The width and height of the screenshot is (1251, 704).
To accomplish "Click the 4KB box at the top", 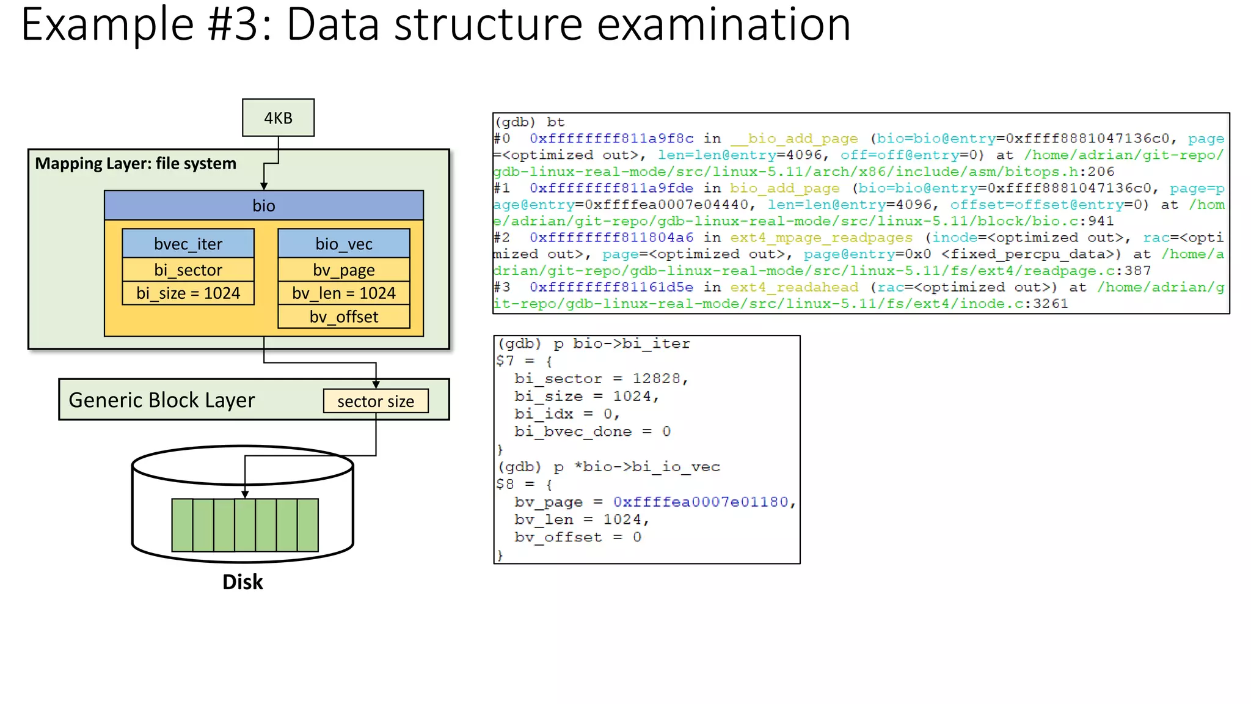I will click(278, 118).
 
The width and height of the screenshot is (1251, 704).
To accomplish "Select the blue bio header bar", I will click(264, 205).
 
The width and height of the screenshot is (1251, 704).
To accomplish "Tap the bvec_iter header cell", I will click(188, 244).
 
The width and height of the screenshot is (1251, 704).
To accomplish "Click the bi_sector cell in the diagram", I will click(188, 269).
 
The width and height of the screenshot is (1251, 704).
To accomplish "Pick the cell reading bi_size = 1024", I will click(188, 293).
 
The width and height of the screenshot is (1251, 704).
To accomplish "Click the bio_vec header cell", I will click(344, 244).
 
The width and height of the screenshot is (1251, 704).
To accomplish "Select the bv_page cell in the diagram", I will click(344, 269).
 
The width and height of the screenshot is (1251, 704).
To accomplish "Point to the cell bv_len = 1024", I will click(344, 293).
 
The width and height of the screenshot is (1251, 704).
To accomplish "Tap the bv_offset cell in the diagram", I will click(344, 317).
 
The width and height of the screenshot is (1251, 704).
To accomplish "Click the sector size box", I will click(376, 402).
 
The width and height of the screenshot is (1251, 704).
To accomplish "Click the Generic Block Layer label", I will click(162, 400).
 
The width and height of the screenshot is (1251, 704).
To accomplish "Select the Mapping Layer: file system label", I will click(136, 164).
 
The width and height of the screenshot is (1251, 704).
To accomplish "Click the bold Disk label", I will click(243, 582).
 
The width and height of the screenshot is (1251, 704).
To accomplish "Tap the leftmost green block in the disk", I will click(182, 525).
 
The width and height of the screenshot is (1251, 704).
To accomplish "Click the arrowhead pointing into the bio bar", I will click(264, 186).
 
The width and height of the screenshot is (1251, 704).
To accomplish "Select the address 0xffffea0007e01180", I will click(701, 502).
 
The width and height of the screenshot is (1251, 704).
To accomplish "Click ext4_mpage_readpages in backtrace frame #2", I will click(821, 238).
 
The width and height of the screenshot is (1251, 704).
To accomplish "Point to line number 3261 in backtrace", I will click(1051, 304).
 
